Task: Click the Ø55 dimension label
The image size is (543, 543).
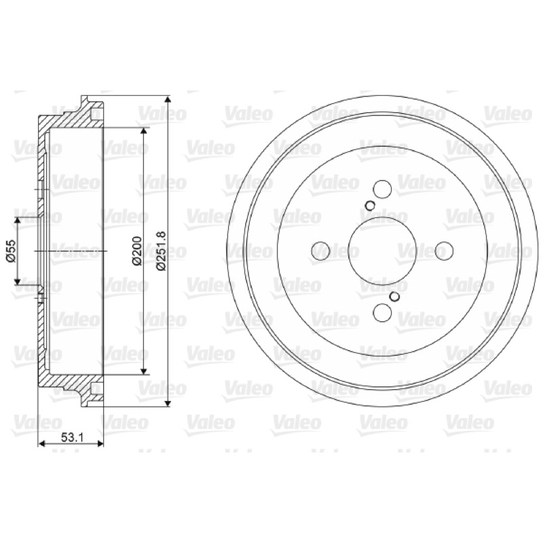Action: pos(11,250)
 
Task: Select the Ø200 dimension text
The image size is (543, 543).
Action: pos(138,250)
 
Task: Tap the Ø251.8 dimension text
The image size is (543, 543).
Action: pos(162,251)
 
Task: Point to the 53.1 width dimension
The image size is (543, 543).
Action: pos(73,437)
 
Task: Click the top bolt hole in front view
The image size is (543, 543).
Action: pos(383,189)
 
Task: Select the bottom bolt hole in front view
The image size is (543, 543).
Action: pos(383,312)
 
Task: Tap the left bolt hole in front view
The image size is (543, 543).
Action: pos(320,250)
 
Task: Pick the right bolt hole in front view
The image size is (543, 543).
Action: pos(444,250)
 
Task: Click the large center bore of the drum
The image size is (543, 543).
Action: pos(383,250)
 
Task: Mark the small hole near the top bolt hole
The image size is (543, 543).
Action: pos(370,206)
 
